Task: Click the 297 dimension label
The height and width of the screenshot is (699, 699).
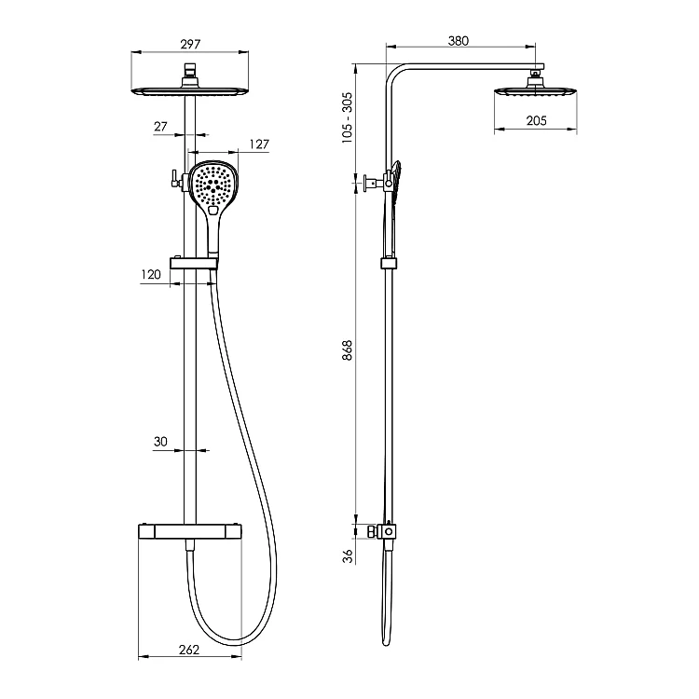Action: pyautogui.click(x=190, y=44)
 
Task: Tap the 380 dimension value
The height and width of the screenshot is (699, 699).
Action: pyautogui.click(x=459, y=41)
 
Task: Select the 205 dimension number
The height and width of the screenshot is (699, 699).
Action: pyautogui.click(x=536, y=121)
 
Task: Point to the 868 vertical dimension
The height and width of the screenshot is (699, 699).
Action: pyautogui.click(x=348, y=350)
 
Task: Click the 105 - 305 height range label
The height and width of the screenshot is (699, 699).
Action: pyautogui.click(x=347, y=117)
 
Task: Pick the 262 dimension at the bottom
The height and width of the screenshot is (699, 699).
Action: pyautogui.click(x=189, y=650)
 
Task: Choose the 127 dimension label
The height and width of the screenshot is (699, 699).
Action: pyautogui.click(x=259, y=144)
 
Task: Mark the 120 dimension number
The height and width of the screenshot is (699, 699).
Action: pyautogui.click(x=151, y=275)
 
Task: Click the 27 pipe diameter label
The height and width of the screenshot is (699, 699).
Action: pyautogui.click(x=160, y=127)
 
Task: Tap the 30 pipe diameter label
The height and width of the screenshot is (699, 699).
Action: pyautogui.click(x=160, y=442)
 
